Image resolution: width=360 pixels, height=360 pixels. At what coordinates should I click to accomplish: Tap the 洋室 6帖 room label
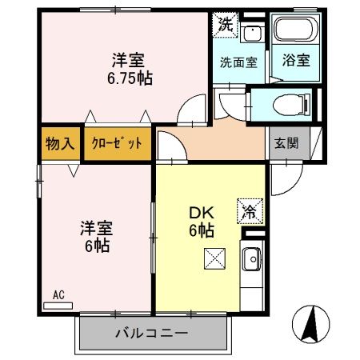point(94,234)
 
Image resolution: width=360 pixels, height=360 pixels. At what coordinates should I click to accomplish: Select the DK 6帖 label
point(201,222)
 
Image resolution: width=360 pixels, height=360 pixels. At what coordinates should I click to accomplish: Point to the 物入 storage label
point(59,144)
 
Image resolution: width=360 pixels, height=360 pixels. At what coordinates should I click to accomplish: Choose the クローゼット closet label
point(117,144)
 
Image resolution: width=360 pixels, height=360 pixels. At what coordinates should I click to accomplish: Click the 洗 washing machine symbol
point(225,24)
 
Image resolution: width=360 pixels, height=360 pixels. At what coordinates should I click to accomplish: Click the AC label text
point(58,294)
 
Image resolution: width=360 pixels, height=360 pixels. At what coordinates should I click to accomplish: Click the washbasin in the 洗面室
point(252,34)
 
